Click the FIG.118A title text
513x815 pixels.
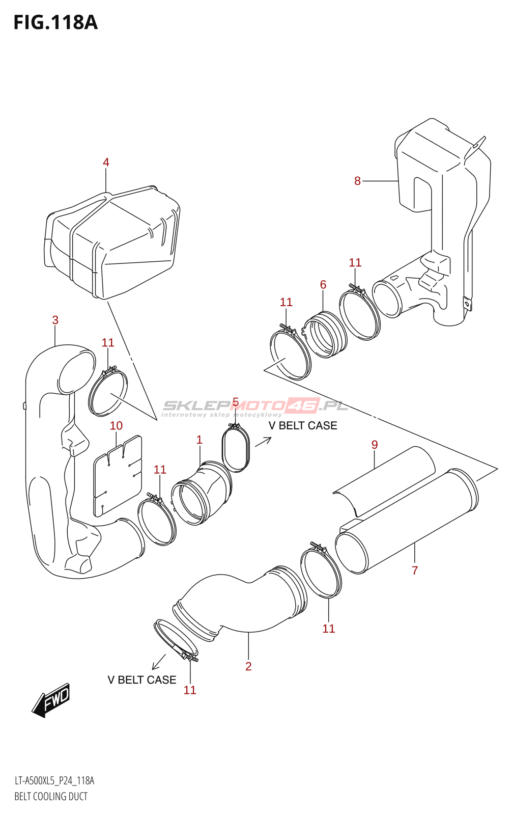tap(55, 23)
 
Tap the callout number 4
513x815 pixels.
tap(106, 162)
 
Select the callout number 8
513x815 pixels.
tap(357, 181)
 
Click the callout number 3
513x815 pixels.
tap(55, 320)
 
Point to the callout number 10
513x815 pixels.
tap(116, 426)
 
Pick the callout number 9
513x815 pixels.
tap(375, 445)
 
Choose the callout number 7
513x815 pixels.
tap(415, 570)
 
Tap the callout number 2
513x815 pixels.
tap(248, 666)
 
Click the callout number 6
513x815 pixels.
tap(323, 285)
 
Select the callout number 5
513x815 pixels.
tap(235, 402)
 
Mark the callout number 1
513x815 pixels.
tap(199, 440)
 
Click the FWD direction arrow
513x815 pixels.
tap(51, 700)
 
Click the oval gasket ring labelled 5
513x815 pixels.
tap(236, 450)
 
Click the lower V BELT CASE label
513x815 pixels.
tap(142, 680)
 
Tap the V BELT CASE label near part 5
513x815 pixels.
tap(303, 426)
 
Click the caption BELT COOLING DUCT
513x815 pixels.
tap(51, 797)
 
